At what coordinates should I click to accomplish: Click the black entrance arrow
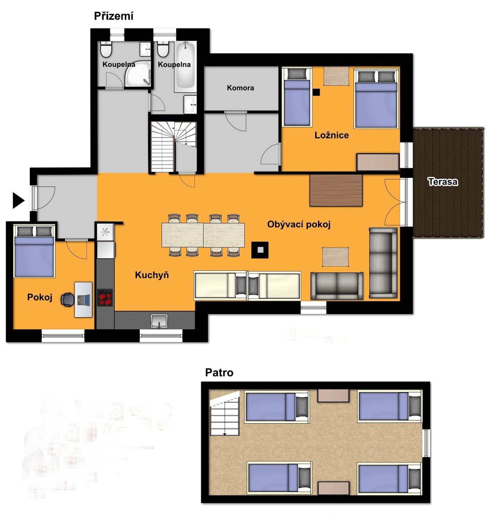(18, 201)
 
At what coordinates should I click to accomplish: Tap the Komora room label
(240, 88)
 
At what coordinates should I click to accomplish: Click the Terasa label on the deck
(443, 182)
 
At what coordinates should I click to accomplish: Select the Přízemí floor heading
(114, 16)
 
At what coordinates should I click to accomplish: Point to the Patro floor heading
(219, 373)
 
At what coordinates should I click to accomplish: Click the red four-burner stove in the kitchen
(105, 298)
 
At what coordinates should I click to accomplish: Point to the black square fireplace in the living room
(260, 250)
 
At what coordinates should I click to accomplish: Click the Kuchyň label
(152, 275)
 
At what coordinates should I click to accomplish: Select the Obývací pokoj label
(299, 225)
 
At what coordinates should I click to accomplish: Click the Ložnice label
(332, 135)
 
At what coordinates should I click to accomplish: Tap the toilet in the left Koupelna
(106, 49)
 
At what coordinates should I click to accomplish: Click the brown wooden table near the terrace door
(336, 190)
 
